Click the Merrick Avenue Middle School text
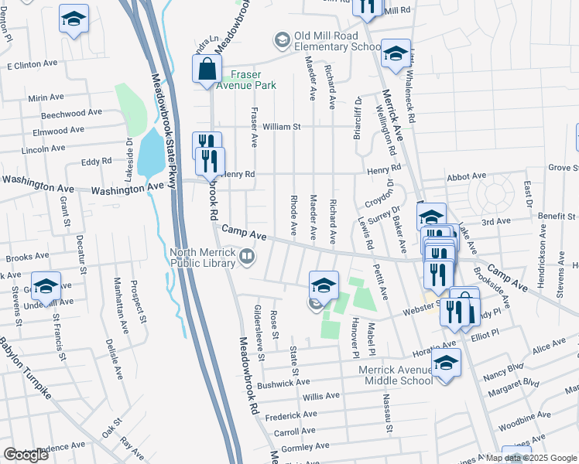click(396, 375)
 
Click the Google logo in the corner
click(26, 454)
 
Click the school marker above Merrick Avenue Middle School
click(447, 363)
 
